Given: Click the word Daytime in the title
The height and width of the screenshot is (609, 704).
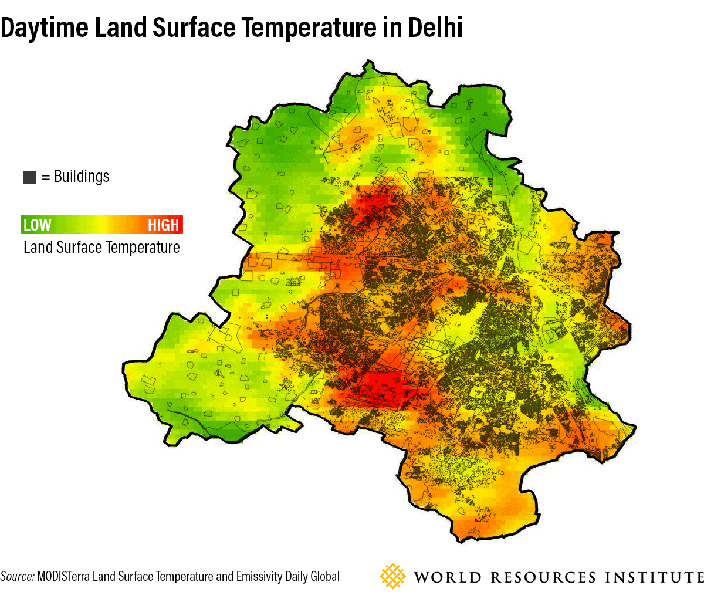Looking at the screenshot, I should click(45, 28).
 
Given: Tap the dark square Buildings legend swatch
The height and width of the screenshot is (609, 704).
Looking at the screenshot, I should click(29, 177).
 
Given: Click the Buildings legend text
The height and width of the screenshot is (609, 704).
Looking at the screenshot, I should click(82, 177).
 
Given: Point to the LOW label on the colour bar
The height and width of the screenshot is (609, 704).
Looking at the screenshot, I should click(37, 225).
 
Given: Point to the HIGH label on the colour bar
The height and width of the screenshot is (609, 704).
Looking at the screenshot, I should click(163, 225).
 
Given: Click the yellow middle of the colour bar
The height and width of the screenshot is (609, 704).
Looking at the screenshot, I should click(103, 225).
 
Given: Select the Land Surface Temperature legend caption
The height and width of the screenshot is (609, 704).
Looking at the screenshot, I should click(101, 248).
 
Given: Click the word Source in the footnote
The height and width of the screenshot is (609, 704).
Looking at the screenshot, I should click(17, 576).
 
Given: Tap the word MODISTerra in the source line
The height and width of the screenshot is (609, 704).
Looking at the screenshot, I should click(63, 576).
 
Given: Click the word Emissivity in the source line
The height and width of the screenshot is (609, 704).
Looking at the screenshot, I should click(259, 576).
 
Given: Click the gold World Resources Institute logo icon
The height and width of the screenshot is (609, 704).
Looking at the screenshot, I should click(392, 576).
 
